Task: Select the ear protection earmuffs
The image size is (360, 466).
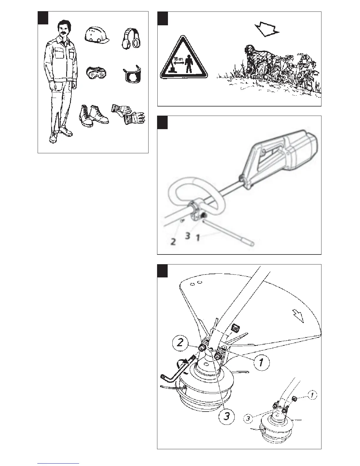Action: coord(131,38)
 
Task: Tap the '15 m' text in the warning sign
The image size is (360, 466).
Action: coord(179,59)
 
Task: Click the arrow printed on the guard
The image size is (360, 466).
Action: coord(299,317)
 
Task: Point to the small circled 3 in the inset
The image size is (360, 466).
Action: coord(249,418)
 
